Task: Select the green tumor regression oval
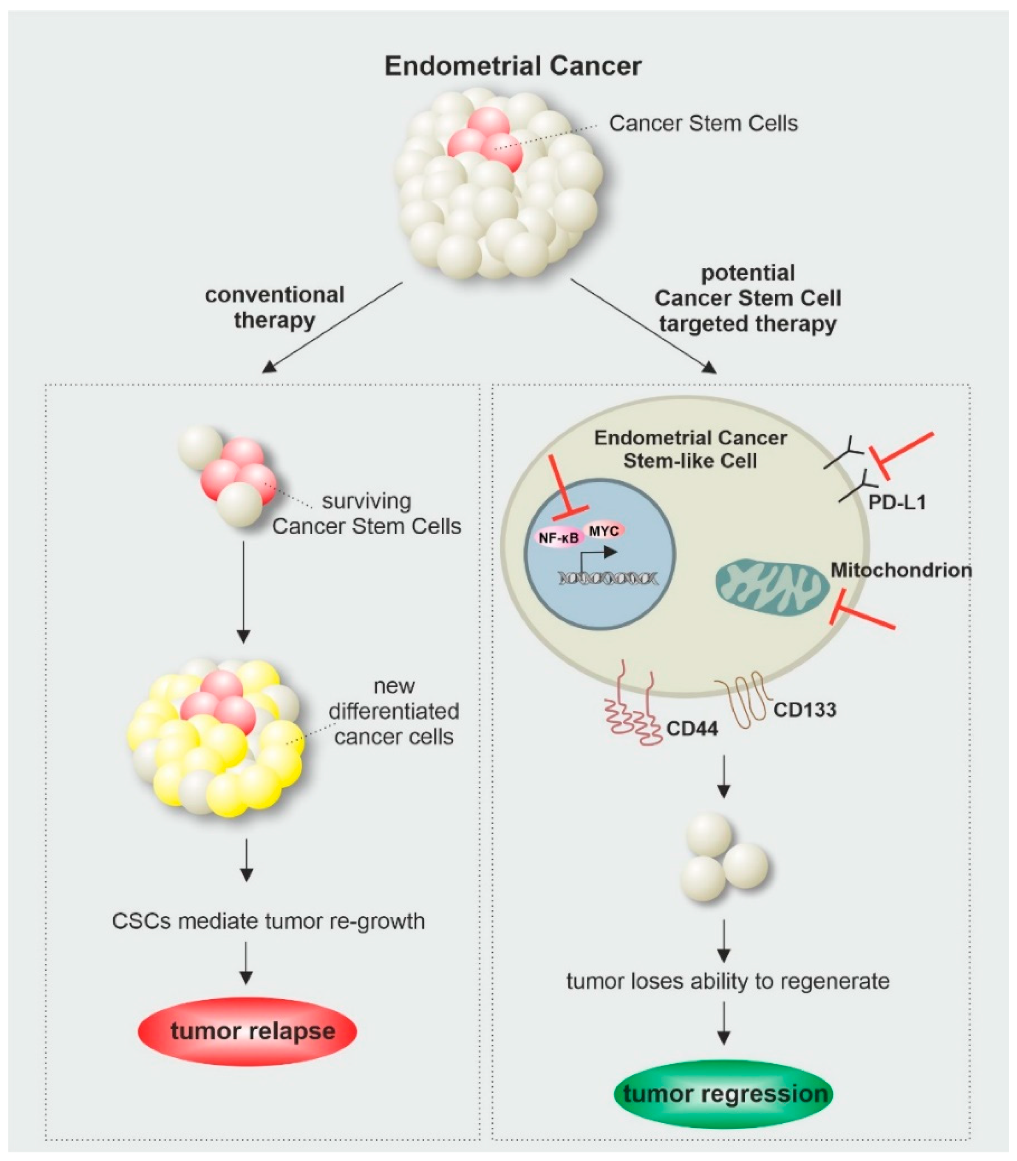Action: pyautogui.click(x=723, y=1094)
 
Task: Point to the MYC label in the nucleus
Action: pyautogui.click(x=604, y=530)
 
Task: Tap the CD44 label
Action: pyautogui.click(x=692, y=728)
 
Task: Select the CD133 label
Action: pyautogui.click(x=805, y=709)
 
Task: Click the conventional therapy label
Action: pyautogui.click(x=275, y=307)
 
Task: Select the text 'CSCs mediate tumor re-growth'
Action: pyautogui.click(x=269, y=921)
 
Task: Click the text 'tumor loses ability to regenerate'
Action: pyautogui.click(x=728, y=981)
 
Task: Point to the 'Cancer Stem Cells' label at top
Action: pyautogui.click(x=704, y=123)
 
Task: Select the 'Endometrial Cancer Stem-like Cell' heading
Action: pyautogui.click(x=690, y=449)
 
